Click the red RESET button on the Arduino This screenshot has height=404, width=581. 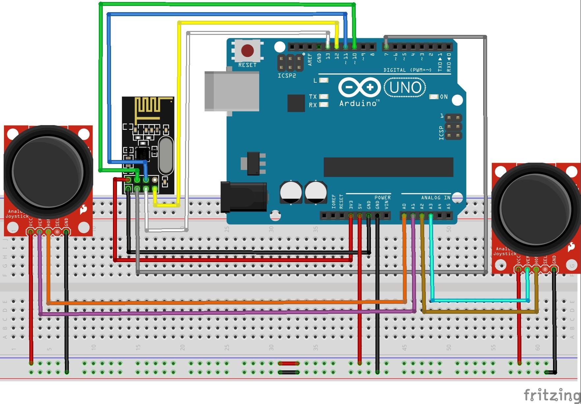tap(247, 51)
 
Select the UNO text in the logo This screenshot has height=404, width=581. tap(405, 88)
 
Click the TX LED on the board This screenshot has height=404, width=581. tap(324, 96)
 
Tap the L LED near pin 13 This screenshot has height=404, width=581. tap(324, 80)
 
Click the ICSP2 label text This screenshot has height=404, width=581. tap(287, 76)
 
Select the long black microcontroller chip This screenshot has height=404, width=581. tap(388, 167)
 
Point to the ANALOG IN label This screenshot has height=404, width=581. tap(435, 198)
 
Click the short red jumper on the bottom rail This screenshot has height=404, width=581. tap(289, 364)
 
